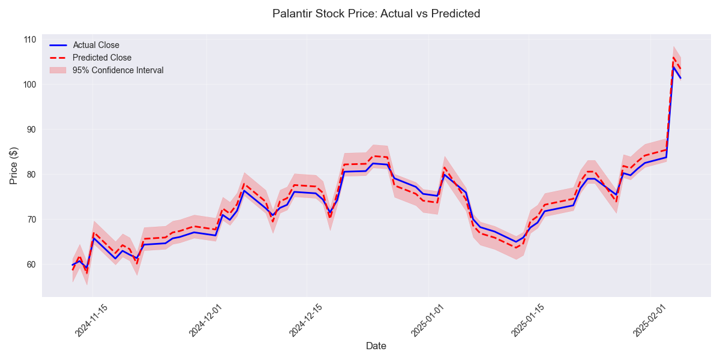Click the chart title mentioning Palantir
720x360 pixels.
point(376,13)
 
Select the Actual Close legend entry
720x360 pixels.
point(96,45)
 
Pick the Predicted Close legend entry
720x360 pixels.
point(102,58)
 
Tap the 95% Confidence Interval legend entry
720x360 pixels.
point(118,70)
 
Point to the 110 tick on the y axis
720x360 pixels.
point(29,40)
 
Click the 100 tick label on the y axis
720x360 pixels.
point(29,85)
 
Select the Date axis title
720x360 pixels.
point(376,346)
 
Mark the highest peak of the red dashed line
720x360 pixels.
point(673,58)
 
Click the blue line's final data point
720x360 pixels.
point(680,78)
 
